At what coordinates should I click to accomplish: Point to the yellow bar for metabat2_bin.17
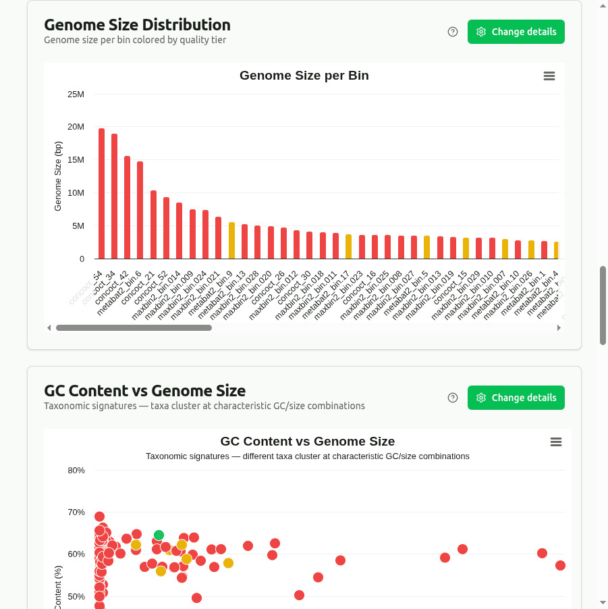pos(348,246)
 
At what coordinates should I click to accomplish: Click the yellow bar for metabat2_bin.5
pos(426,247)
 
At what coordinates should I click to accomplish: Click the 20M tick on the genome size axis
pos(76,127)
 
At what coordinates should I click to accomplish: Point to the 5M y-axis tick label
pos(78,226)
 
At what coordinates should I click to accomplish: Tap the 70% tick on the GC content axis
pos(76,512)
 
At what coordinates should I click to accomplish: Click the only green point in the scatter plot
pos(159,535)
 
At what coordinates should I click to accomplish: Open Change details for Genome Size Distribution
pos(516,32)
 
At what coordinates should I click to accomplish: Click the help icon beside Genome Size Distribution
pos(453,32)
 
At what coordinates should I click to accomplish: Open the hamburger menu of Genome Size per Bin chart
pos(549,76)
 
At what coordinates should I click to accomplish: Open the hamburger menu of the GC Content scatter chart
pos(556,442)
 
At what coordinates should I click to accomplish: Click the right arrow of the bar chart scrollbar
pos(559,328)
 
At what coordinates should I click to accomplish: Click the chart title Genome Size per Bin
pos(304,76)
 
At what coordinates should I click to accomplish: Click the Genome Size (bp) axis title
pos(58,176)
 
